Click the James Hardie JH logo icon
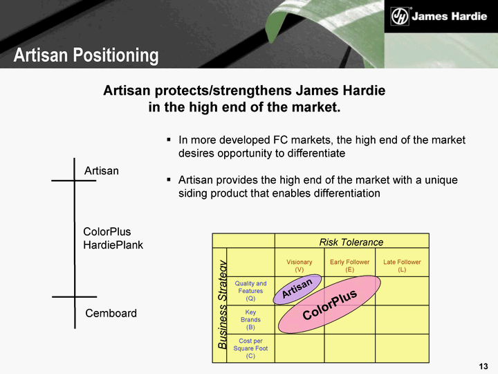[400, 16]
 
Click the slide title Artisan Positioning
[86, 55]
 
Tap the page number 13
[483, 366]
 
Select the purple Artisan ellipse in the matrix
[297, 289]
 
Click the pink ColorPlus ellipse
[329, 304]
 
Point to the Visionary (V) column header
[299, 265]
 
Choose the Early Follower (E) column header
[350, 265]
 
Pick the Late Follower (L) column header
[402, 265]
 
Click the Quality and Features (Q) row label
[250, 291]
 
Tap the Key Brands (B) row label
[250, 319]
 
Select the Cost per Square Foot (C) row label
[250, 348]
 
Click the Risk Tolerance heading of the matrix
[351, 242]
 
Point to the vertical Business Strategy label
[223, 305]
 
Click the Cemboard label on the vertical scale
[111, 313]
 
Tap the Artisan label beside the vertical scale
[102, 171]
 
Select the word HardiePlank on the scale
[113, 245]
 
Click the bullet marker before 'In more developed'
[169, 139]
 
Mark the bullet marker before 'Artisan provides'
[169, 179]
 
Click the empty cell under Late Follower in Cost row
[402, 348]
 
